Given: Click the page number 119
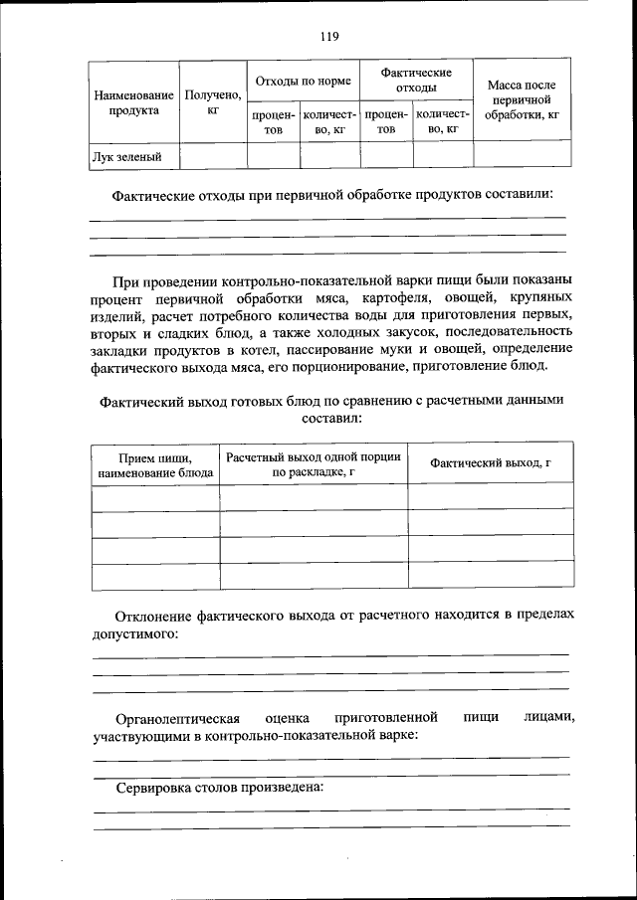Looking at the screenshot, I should (329, 37).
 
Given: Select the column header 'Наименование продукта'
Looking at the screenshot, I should (133, 102).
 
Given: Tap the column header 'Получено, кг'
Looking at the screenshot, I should (213, 102).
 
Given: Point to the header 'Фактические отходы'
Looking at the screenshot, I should (416, 80).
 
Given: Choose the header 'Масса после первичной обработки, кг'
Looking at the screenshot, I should (523, 100).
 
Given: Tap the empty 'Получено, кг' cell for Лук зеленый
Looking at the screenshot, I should (213, 155).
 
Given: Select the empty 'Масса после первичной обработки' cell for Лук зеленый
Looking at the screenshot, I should (523, 155).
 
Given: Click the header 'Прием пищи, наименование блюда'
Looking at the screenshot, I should (154, 465).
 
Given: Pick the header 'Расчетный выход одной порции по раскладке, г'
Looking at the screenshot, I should (314, 465).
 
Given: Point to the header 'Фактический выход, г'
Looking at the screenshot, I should (491, 463).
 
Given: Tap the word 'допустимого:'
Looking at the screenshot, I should (135, 632).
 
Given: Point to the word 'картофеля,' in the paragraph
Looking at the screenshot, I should (415, 299).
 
